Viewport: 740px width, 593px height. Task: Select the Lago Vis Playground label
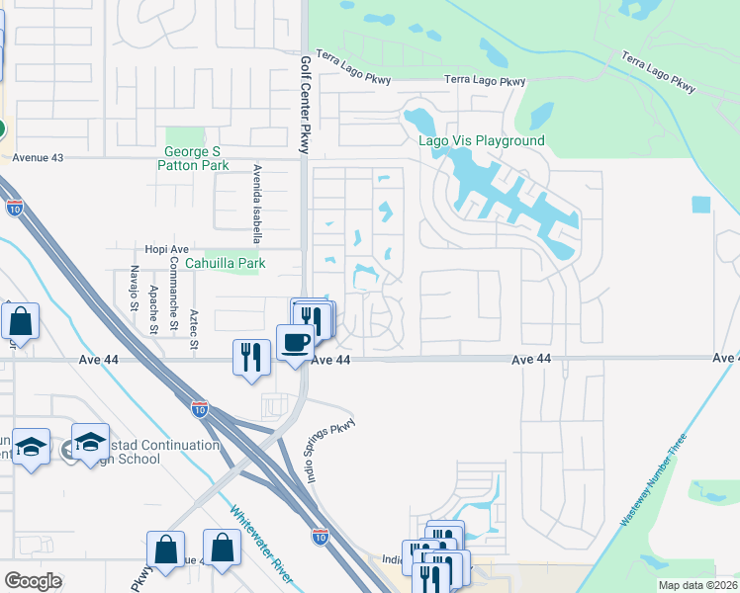(x=482, y=140)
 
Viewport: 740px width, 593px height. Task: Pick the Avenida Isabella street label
(x=257, y=204)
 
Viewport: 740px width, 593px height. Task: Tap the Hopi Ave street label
(x=166, y=250)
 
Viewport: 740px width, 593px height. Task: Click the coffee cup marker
(x=295, y=344)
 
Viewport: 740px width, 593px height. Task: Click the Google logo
(x=34, y=581)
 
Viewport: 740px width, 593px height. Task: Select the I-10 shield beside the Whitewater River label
(x=320, y=536)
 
